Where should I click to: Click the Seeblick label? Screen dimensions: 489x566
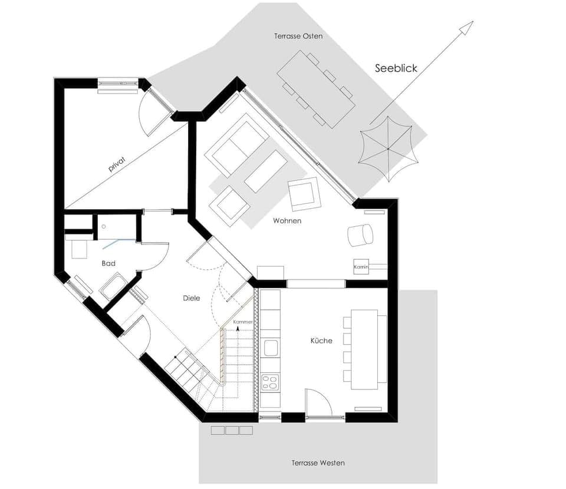tap(396, 68)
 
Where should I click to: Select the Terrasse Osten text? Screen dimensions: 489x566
tap(298, 36)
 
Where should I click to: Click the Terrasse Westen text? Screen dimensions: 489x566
tap(318, 463)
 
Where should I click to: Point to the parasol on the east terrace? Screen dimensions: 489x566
tap(389, 148)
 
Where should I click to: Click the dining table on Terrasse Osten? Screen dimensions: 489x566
tap(316, 89)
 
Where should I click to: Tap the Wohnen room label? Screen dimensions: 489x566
tap(287, 221)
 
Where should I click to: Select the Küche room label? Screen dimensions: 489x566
tap(321, 341)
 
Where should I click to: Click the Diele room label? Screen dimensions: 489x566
tap(191, 298)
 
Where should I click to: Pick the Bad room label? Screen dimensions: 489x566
tap(108, 263)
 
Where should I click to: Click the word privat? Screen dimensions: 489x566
tap(118, 164)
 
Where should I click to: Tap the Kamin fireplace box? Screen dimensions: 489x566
tap(361, 266)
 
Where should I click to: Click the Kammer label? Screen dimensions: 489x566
tap(243, 322)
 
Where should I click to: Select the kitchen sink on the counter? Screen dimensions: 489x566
tap(271, 348)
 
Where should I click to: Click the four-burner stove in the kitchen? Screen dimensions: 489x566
tap(271, 382)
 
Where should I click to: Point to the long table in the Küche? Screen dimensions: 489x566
tap(365, 349)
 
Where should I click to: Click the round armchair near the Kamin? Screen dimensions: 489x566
tap(361, 235)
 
